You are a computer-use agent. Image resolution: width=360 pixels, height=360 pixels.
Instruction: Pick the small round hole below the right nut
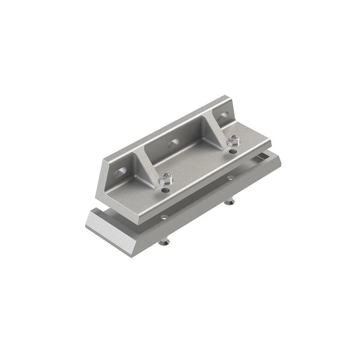pyautogui.click(x=233, y=151)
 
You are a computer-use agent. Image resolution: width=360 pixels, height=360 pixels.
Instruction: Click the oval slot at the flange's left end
pyautogui.click(x=120, y=172)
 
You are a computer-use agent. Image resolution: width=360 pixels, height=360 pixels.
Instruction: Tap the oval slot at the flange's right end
pyautogui.click(x=224, y=116)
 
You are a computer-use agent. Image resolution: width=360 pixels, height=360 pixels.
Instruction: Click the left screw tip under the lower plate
pyautogui.click(x=164, y=244)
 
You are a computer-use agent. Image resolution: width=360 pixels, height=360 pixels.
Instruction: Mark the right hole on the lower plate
pyautogui.click(x=229, y=177)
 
